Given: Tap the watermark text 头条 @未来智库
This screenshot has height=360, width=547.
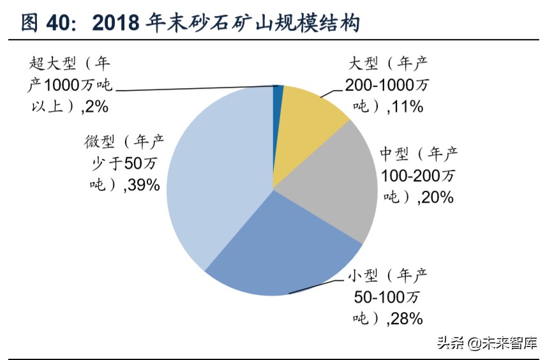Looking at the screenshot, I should point(487,343).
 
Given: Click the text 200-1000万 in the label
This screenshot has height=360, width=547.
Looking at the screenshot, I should point(387,85).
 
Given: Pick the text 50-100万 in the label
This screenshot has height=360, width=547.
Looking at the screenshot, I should point(387,297).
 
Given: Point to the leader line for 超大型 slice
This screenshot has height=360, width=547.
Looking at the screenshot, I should point(191,89).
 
